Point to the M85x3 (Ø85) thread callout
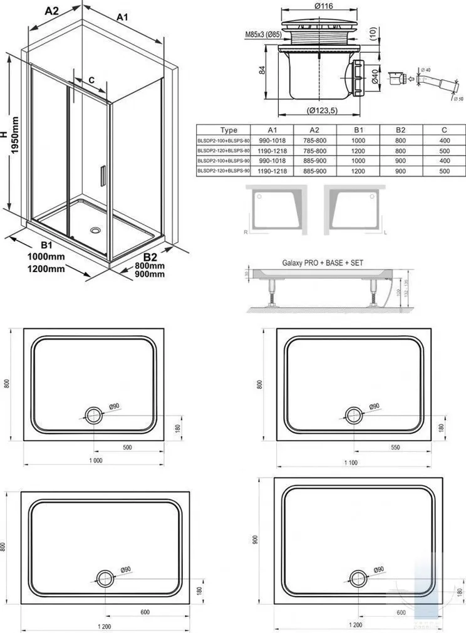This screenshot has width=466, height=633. pyautogui.click(x=254, y=34)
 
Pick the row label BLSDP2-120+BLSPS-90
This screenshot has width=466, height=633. pyautogui.click(x=224, y=170)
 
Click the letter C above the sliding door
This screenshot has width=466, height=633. pyautogui.click(x=91, y=80)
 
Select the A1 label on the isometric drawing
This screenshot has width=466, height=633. pyautogui.click(x=123, y=18)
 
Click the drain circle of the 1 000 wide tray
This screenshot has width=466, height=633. pyautogui.click(x=94, y=413)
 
